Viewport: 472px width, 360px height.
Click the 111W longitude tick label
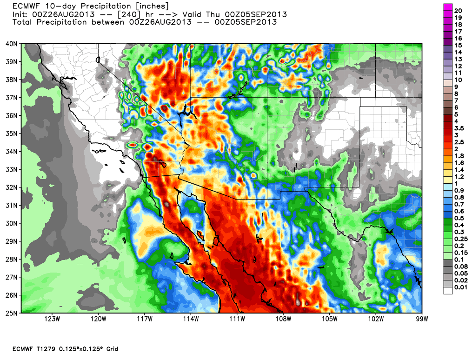pos(237,319)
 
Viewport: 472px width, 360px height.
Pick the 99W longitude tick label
pos(422,319)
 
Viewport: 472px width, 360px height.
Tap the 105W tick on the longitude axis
pos(329,319)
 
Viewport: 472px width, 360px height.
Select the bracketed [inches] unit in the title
pos(143,7)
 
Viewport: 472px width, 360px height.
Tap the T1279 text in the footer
pos(49,349)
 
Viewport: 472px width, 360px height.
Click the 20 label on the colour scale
pos(458,10)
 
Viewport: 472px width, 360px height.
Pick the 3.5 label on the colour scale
pos(459,127)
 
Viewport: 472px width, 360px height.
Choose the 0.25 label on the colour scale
pos(460,239)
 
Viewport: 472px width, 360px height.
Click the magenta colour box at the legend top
pos(448,7)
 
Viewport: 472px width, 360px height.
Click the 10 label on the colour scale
pos(458,80)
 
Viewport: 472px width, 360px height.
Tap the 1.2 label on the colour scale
pos(459,177)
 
